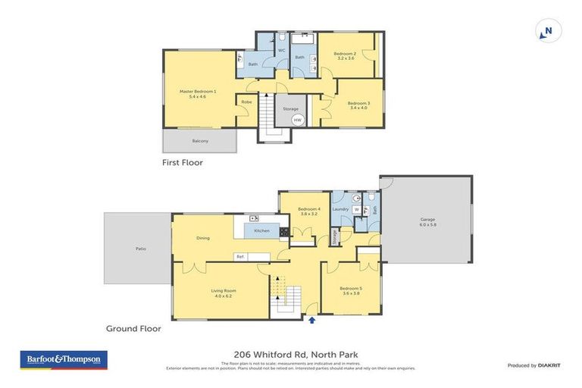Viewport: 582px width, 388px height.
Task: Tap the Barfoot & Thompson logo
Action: pyautogui.click(x=63, y=360)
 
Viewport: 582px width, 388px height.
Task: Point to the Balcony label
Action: pyautogui.click(x=200, y=141)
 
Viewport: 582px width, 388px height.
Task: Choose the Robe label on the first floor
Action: pyautogui.click(x=246, y=102)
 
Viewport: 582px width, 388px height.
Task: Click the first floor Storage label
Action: pyautogui.click(x=290, y=109)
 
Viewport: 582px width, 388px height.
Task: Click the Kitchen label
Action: pyautogui.click(x=261, y=230)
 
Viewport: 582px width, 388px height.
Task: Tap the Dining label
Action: pyautogui.click(x=202, y=238)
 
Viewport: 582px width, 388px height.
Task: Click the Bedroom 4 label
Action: pyautogui.click(x=308, y=209)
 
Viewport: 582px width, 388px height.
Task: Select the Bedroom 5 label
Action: pyautogui.click(x=350, y=289)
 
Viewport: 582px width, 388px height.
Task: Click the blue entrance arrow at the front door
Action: pyautogui.click(x=311, y=321)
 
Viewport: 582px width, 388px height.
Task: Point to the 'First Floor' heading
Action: pyautogui.click(x=182, y=162)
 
